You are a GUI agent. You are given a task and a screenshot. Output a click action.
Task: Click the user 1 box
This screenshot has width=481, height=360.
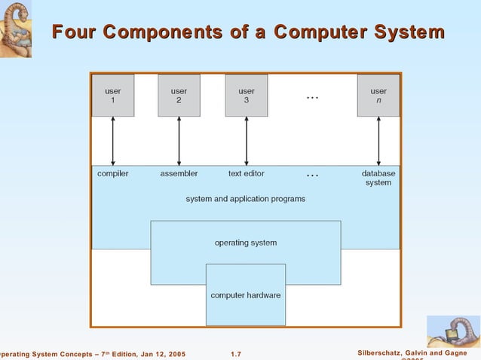point(112,96)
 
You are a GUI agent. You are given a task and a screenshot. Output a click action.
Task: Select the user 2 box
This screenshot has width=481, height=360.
point(179,96)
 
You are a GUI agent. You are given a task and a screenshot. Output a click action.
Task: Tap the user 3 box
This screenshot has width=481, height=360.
point(246,96)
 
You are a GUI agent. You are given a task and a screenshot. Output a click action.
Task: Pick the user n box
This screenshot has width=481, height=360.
point(378,96)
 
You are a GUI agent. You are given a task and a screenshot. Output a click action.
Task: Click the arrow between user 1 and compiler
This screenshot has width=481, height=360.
point(112,142)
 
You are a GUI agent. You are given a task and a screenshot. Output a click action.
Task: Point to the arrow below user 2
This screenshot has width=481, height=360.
point(179,142)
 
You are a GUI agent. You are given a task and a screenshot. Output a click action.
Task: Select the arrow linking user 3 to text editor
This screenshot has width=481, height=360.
point(247,142)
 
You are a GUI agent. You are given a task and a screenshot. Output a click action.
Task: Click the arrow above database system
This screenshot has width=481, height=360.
point(378,142)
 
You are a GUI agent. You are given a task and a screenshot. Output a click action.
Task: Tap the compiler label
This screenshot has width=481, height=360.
point(113,173)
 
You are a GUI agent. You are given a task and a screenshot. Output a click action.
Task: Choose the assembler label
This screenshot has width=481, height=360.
point(179,173)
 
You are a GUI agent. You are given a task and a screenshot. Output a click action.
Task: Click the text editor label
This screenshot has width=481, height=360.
point(247,173)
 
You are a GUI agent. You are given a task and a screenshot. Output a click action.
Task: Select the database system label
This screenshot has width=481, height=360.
point(378,178)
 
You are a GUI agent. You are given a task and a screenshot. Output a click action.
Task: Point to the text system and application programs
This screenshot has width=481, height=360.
point(246,199)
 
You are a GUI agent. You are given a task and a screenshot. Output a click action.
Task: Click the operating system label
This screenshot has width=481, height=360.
point(246,243)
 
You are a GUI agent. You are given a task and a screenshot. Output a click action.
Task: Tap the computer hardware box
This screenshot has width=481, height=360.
point(246,294)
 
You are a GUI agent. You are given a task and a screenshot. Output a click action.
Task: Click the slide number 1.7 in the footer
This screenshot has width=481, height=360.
point(235,354)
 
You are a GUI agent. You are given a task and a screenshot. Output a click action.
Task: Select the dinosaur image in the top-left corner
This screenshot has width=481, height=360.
point(16,29)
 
